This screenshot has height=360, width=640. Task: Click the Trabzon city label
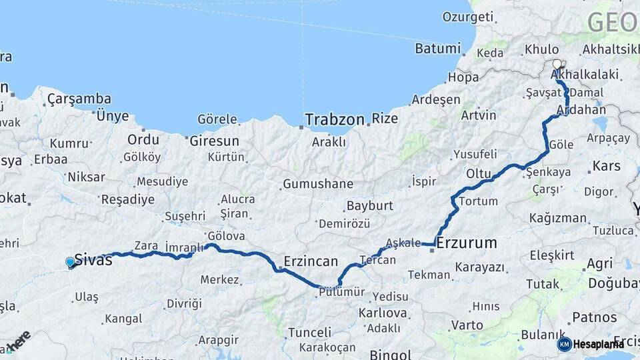(335, 120)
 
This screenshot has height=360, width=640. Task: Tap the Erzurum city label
(467, 243)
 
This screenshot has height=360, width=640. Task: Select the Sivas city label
(93, 260)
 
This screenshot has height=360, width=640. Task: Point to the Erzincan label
(311, 261)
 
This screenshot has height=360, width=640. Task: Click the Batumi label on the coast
(437, 48)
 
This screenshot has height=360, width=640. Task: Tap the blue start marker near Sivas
(71, 263)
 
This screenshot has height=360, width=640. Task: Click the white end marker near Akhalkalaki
(557, 64)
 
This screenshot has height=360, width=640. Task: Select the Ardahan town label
(585, 109)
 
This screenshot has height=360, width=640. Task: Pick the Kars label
(607, 165)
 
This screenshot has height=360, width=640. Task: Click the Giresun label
(214, 141)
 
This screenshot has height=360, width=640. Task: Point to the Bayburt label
(370, 206)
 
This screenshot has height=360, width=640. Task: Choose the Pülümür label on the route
(342, 291)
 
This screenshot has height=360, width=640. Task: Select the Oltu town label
(478, 173)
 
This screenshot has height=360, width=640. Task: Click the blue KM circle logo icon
(564, 344)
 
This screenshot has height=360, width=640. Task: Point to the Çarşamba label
(79, 99)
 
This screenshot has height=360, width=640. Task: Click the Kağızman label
(558, 218)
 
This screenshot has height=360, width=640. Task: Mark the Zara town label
(146, 245)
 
